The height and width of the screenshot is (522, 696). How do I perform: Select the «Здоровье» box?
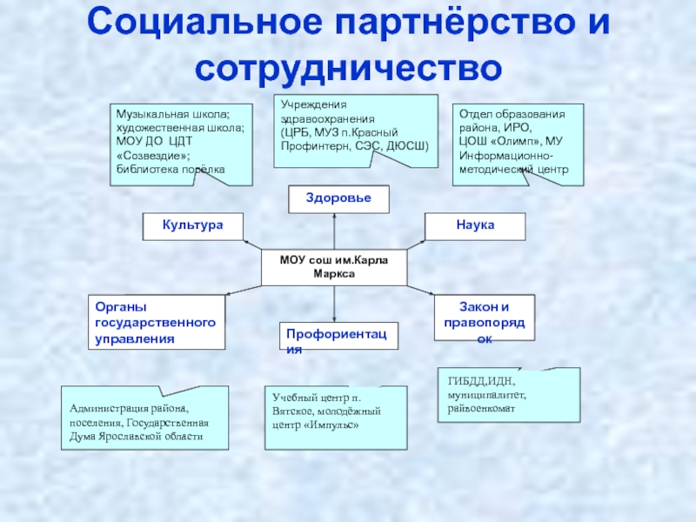click(x=338, y=199)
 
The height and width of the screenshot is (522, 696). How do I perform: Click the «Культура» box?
click(x=192, y=225)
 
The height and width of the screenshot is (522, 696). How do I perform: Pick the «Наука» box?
click(x=475, y=225)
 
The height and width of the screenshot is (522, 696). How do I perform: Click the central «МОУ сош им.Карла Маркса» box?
click(x=334, y=266)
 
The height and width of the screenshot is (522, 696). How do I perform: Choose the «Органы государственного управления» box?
click(x=155, y=322)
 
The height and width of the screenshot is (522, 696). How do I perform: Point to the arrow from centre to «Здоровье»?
click(x=335, y=231)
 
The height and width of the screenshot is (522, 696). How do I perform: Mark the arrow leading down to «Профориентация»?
click(x=335, y=303)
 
